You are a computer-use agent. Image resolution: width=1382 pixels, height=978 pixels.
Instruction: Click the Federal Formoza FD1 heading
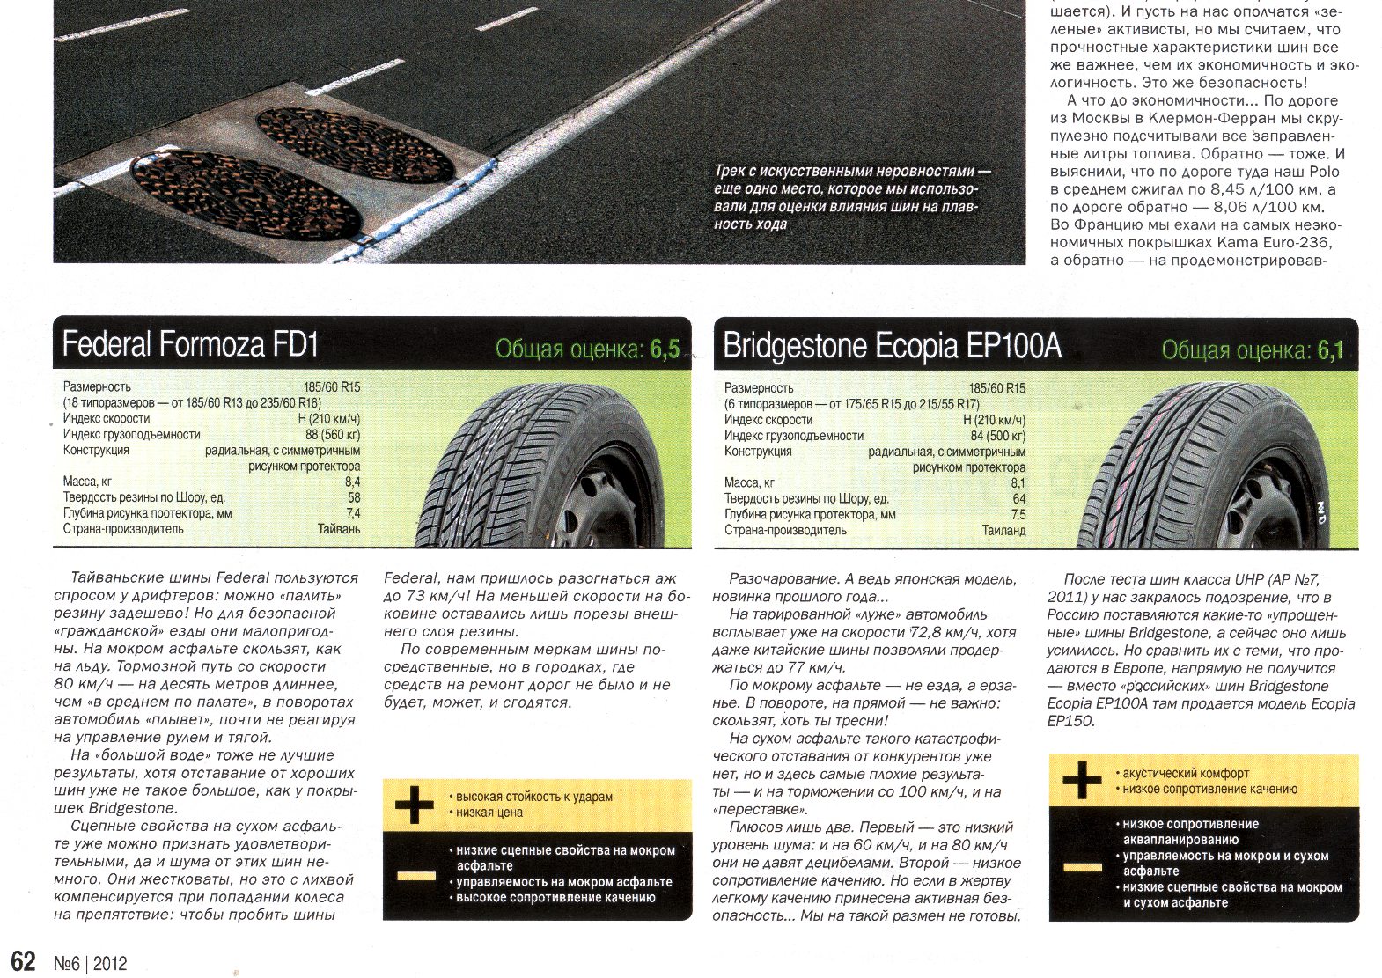190,344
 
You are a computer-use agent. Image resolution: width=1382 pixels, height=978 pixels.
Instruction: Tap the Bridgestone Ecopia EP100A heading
892,346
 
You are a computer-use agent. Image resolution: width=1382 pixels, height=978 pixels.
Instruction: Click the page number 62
23,960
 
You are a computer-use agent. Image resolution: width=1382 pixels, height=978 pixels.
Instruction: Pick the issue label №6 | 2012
91,963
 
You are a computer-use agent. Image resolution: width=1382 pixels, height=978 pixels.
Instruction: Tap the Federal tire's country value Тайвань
339,529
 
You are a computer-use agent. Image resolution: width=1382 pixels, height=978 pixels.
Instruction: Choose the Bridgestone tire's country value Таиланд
1003,531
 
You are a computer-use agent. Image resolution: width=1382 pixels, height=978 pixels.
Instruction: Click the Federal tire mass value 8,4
352,482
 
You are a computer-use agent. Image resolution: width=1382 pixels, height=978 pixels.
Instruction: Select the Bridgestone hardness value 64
1018,499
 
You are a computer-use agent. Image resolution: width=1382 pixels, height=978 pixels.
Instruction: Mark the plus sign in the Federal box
415,805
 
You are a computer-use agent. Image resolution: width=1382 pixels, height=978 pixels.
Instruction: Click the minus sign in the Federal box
415,875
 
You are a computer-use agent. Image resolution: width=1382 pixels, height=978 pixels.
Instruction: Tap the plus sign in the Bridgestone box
1082,780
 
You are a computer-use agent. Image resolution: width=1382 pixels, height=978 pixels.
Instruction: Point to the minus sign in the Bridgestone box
1082,867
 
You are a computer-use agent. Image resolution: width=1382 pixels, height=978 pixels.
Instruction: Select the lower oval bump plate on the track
246,195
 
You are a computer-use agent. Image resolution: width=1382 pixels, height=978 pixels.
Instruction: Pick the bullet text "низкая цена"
489,813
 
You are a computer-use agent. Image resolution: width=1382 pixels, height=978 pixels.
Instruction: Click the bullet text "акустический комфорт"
1186,773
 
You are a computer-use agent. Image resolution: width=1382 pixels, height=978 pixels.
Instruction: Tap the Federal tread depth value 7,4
353,513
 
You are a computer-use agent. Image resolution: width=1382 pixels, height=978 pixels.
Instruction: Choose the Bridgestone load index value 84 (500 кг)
997,436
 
